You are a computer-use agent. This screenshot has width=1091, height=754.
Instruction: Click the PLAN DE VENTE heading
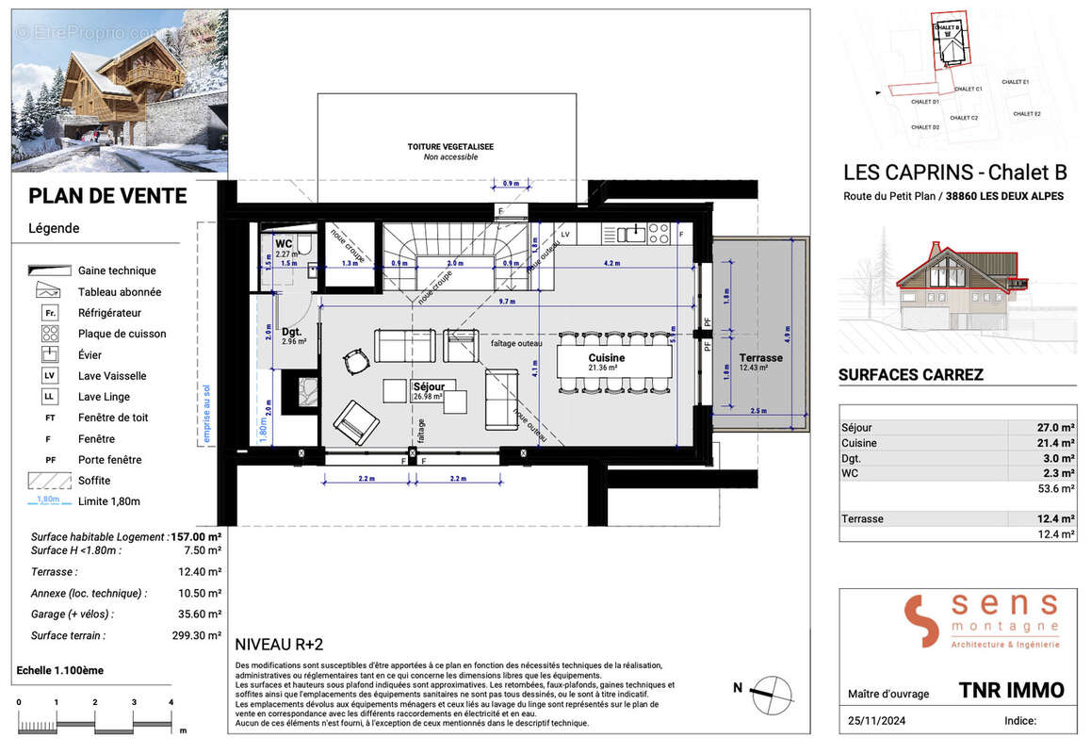pyautogui.click(x=107, y=196)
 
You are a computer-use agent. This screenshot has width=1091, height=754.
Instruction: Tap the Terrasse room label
pyautogui.click(x=760, y=358)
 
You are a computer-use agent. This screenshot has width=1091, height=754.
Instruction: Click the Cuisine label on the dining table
pyautogui.click(x=608, y=358)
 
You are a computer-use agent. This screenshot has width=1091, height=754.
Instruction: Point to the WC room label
pyautogui.click(x=284, y=243)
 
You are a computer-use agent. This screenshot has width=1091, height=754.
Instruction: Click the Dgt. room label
pyautogui.click(x=291, y=332)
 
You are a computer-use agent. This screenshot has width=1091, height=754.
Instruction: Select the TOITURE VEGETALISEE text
pyautogui.click(x=450, y=147)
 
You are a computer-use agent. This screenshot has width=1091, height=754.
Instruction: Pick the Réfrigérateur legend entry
pyautogui.click(x=109, y=312)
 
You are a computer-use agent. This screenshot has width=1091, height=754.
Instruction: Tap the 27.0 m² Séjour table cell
pyautogui.click(x=1056, y=427)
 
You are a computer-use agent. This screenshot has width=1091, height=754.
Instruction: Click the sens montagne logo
pyautogui.click(x=981, y=621)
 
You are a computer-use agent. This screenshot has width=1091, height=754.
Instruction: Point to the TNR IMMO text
pyautogui.click(x=1011, y=690)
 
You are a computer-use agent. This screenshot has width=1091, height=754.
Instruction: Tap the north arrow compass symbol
pyautogui.click(x=772, y=690)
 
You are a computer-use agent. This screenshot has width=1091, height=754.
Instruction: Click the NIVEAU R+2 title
pyautogui.click(x=278, y=645)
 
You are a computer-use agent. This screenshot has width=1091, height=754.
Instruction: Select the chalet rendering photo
pyautogui.click(x=120, y=90)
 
